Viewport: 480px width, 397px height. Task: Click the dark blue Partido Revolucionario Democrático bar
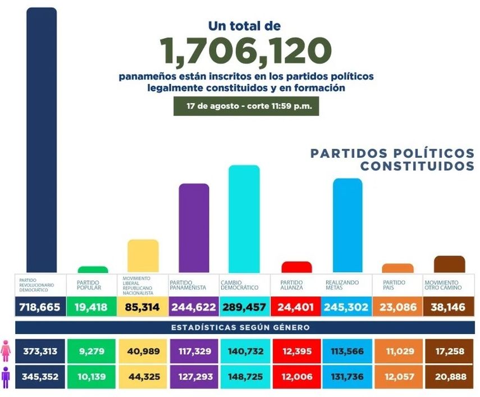[x=42, y=140]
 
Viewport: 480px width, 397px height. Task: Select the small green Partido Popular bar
[x=93, y=270]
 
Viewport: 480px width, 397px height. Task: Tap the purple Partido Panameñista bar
[x=194, y=228]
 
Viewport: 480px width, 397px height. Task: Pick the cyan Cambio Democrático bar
[x=244, y=219]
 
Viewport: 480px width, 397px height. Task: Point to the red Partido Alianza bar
[x=296, y=267]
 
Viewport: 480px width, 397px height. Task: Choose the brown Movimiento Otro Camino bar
[x=450, y=264]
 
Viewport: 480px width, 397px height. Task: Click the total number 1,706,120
[x=245, y=50]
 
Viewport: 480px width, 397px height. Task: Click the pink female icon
[x=7, y=352]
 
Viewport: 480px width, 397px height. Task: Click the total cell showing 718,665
[x=39, y=307]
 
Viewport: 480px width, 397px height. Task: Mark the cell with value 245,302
[x=346, y=307]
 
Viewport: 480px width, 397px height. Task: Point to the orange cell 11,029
[x=397, y=352]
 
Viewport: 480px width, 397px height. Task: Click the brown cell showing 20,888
[x=450, y=377]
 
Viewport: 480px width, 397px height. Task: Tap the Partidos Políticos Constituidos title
[x=392, y=159]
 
